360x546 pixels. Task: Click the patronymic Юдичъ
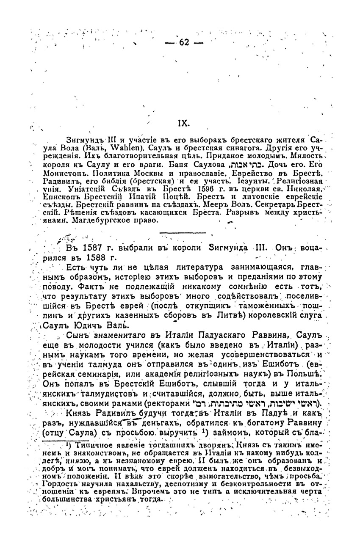click(91, 325)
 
